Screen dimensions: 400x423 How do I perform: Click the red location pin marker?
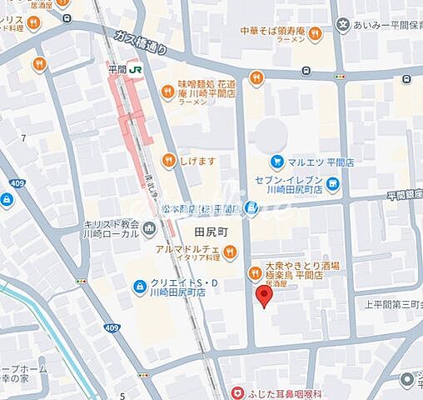point(263,297)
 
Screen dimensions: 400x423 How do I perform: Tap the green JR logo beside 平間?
point(135,71)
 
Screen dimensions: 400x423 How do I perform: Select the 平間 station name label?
point(117,71)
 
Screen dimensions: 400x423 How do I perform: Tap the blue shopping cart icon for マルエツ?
point(276,161)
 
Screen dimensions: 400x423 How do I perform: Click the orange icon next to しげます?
point(169,160)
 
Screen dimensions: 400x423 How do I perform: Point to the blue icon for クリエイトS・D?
point(140,287)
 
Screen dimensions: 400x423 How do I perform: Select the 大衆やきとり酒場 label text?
point(301,266)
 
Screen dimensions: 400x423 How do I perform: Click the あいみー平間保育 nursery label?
point(388,27)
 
